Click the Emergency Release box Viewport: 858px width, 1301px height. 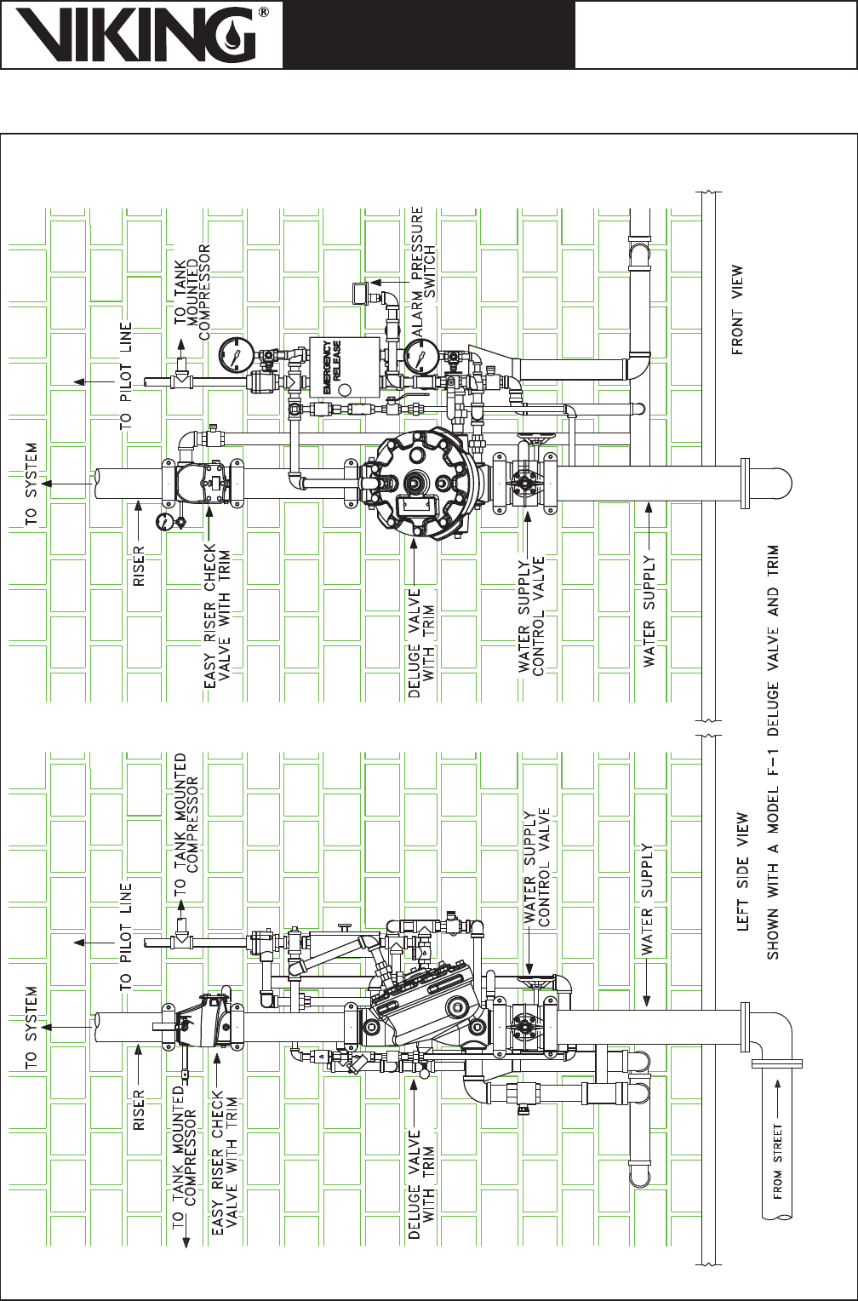344,367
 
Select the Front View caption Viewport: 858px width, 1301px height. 736,310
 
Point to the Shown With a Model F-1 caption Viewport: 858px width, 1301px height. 773,752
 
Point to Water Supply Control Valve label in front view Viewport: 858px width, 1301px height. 531,616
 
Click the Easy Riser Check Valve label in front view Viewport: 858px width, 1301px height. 217,616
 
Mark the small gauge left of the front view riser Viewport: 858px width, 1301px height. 164,522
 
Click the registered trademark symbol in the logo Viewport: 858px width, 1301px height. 264,13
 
